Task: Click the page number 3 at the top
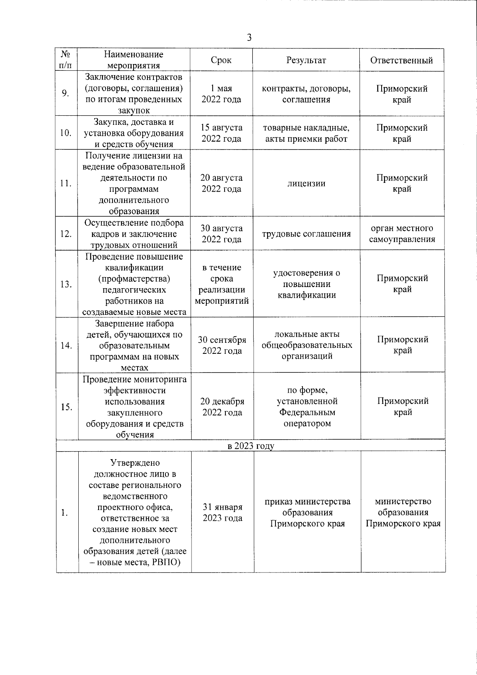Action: point(249,38)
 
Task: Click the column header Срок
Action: point(221,60)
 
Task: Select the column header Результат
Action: point(306,60)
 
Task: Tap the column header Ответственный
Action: point(401,60)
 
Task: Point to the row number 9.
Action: point(66,93)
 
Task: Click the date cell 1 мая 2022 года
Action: point(221,94)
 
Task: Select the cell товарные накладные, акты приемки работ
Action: point(306,133)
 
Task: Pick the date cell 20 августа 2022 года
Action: point(221,183)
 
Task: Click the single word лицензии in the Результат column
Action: point(306,184)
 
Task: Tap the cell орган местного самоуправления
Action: point(402,234)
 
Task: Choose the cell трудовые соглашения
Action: point(306,234)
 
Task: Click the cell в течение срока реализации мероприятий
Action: point(222,284)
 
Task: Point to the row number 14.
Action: point(66,345)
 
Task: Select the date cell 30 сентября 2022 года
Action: point(222,345)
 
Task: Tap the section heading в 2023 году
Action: point(251,446)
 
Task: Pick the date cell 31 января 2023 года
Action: point(223,513)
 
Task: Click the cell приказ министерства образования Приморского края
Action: point(307,513)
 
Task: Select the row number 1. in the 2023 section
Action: point(64,513)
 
